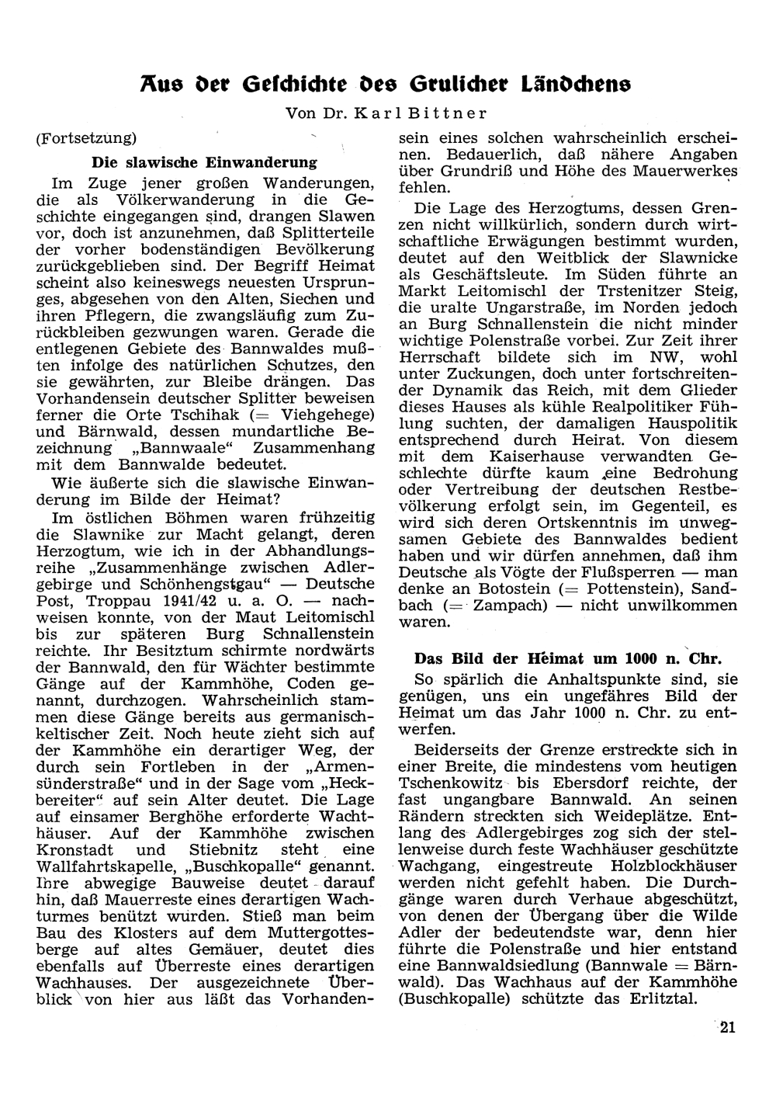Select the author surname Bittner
tap(447, 113)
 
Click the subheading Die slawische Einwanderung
tap(204, 162)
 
